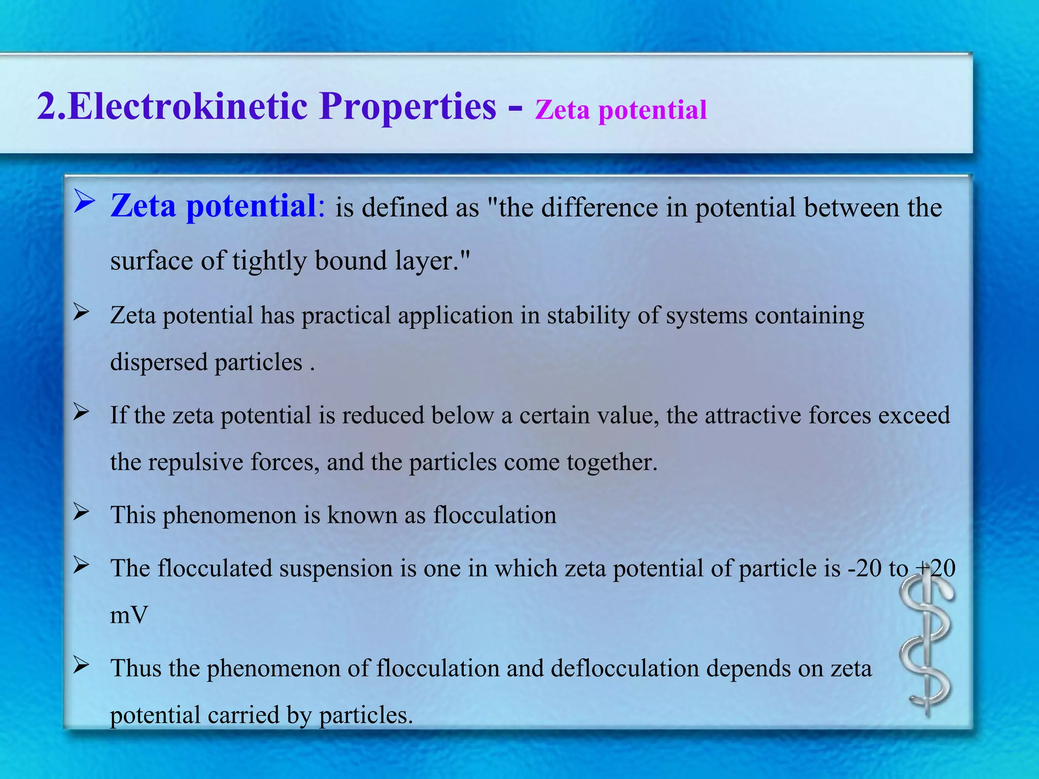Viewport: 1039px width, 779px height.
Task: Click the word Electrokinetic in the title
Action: [188, 107]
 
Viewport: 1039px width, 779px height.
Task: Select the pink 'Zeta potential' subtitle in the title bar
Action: [620, 110]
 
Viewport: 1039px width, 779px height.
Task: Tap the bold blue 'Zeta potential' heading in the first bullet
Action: [213, 206]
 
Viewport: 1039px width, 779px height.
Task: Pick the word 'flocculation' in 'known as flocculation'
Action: [495, 515]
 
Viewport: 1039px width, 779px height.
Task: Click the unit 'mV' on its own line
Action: [129, 615]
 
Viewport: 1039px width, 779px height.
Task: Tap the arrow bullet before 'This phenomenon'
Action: [81, 512]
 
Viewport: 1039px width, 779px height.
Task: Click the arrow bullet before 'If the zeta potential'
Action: [81, 412]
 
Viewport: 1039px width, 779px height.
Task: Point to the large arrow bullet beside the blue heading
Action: [83, 201]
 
